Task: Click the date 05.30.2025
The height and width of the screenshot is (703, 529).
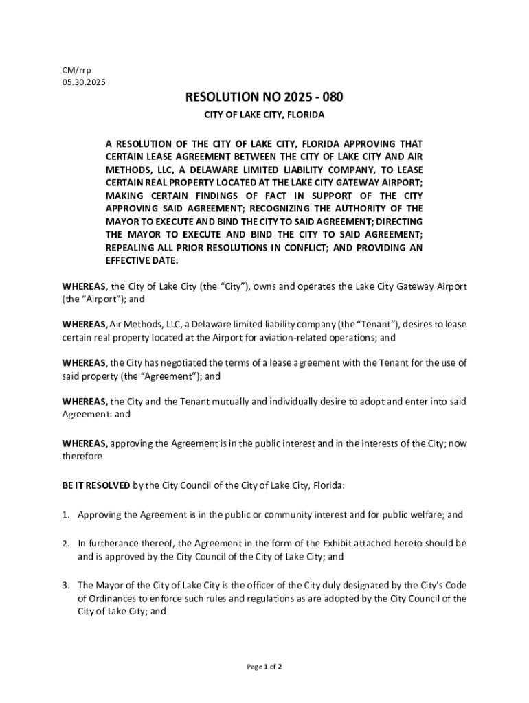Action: pos(84,82)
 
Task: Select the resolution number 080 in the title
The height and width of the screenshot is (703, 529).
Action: pos(330,98)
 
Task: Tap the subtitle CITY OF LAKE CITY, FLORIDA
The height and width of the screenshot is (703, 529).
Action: pos(264,115)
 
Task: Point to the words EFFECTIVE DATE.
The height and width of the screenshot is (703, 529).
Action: pos(142,260)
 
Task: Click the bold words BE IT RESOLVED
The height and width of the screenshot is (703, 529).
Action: pos(96,485)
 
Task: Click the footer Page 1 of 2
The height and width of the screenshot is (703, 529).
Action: pos(264,667)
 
